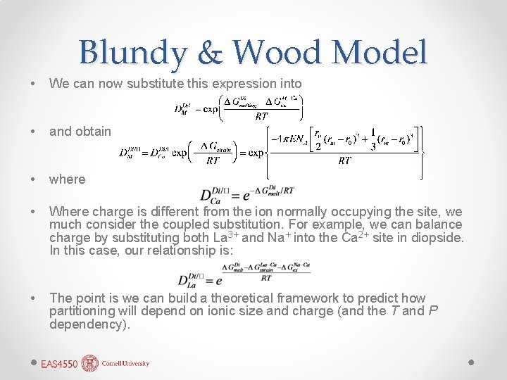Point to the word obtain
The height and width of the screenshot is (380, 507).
pos(92,131)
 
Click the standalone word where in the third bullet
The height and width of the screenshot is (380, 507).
pos(67,179)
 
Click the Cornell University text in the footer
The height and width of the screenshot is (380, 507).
pos(125,365)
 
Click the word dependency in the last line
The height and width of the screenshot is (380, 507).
pos(89,324)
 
